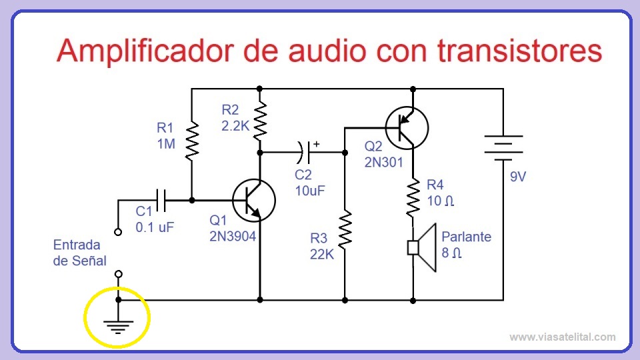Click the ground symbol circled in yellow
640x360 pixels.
(x=118, y=325)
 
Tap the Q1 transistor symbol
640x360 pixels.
(x=253, y=200)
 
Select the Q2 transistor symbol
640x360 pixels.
(x=407, y=127)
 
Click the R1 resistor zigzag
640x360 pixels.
(x=191, y=139)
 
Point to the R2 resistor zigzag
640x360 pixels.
(x=259, y=120)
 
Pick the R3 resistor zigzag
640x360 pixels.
(x=345, y=229)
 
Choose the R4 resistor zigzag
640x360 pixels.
(x=413, y=197)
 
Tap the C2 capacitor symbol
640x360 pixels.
(x=303, y=153)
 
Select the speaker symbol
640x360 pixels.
(x=422, y=247)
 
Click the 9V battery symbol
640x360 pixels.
(x=503, y=148)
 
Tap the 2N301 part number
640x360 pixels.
(x=385, y=161)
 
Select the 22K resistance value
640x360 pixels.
(x=321, y=253)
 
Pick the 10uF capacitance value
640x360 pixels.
(x=311, y=190)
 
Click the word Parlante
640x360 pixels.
(x=466, y=237)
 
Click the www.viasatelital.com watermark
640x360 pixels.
(x=562, y=337)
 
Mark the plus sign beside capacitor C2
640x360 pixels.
(x=316, y=143)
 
